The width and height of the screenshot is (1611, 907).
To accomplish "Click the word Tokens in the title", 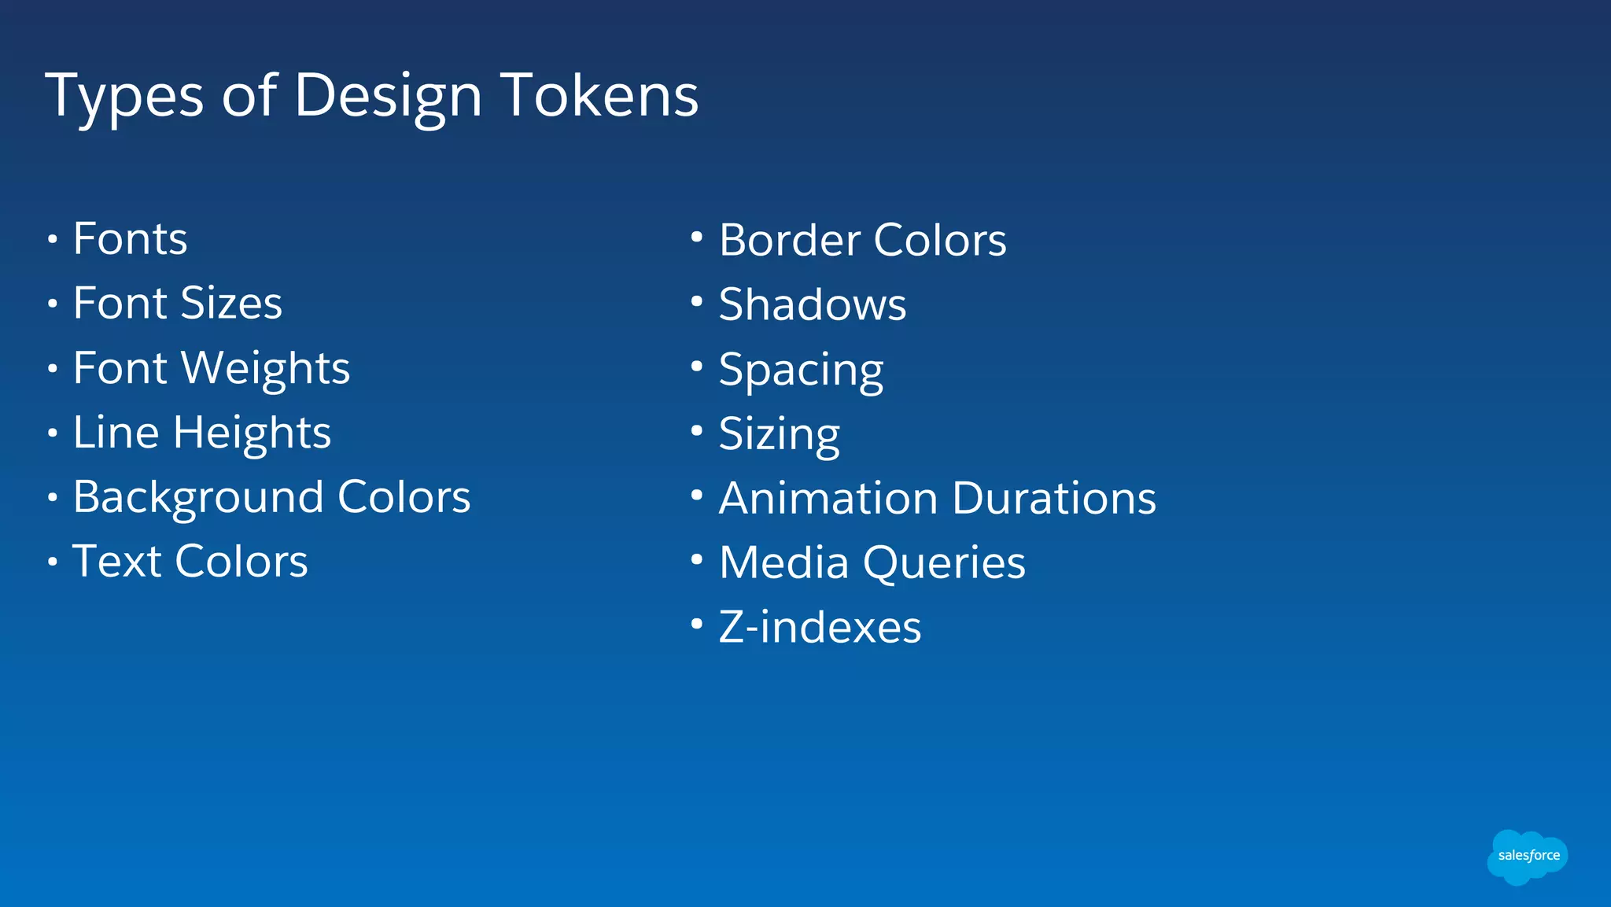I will click(599, 95).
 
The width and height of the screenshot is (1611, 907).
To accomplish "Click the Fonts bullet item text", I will click(130, 238).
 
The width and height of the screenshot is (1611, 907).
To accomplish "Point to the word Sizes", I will click(230, 303).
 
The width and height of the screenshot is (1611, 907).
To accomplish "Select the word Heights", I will click(252, 433).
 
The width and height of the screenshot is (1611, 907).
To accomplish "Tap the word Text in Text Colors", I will click(116, 561).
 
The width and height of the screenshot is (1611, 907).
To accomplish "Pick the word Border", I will click(789, 240).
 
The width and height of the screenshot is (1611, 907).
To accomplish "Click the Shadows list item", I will click(812, 304).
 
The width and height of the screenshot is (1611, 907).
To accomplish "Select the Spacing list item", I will click(801, 370).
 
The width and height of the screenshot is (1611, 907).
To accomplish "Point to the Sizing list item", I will click(779, 434).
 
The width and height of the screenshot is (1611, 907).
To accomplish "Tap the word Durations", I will click(1054, 498).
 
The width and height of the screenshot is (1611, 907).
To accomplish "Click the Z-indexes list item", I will click(820, 628).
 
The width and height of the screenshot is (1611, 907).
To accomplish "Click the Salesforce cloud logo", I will click(1528, 856).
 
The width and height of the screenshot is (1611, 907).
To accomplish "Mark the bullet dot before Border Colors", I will click(696, 236).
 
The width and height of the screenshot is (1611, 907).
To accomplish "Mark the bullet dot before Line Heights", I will click(52, 433).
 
